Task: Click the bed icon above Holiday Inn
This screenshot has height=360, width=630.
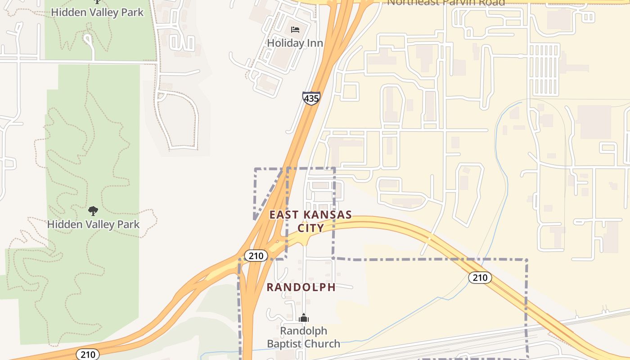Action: (x=295, y=30)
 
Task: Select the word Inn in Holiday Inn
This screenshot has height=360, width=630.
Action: (x=315, y=43)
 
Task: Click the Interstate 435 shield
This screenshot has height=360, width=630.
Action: (x=311, y=98)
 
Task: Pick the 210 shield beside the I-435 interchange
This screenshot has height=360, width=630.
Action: (x=256, y=256)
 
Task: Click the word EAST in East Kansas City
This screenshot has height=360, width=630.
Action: (x=283, y=215)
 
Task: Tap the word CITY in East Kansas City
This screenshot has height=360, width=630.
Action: (x=310, y=228)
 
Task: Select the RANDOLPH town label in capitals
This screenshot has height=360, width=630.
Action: (x=301, y=287)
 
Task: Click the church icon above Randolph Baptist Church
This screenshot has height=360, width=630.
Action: (x=304, y=318)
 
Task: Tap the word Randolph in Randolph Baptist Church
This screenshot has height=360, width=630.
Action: (x=304, y=331)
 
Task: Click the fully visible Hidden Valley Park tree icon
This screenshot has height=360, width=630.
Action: (x=93, y=211)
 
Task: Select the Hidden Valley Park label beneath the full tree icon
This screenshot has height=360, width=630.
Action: (x=94, y=224)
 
